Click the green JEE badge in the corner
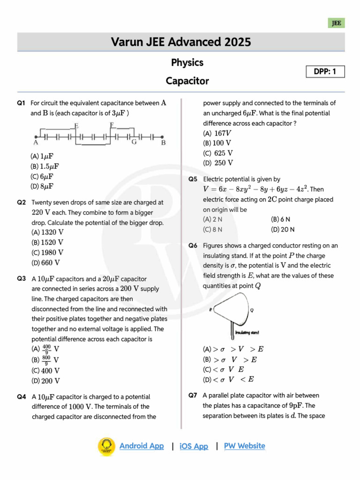pyautogui.click(x=337, y=23)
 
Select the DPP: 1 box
pyautogui.click(x=325, y=72)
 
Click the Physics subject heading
pyautogui.click(x=187, y=63)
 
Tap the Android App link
pyautogui.click(x=142, y=446)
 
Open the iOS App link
pyautogui.click(x=194, y=446)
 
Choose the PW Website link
pyautogui.click(x=244, y=446)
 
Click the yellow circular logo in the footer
pyautogui.click(x=106, y=447)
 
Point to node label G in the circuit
pyautogui.click(x=134, y=142)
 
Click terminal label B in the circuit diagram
pyautogui.click(x=164, y=142)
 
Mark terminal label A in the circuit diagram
pyautogui.click(x=36, y=142)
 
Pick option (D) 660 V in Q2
pyautogui.click(x=45, y=263)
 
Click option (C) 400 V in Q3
pyautogui.click(x=45, y=371)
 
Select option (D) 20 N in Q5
pyautogui.click(x=283, y=230)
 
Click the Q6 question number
pyautogui.click(x=193, y=246)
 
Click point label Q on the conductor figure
pyautogui.click(x=252, y=310)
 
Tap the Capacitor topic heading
pyautogui.click(x=187, y=81)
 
